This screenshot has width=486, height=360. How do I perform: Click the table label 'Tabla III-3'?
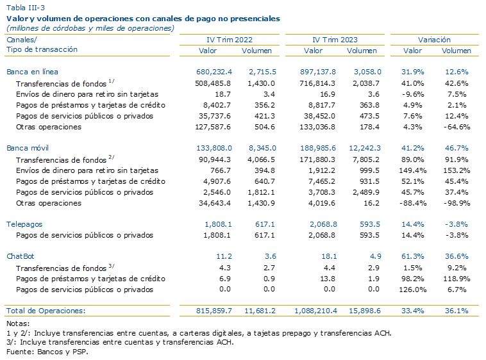click(x=26, y=8)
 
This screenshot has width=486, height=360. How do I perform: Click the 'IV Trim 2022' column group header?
click(x=230, y=40)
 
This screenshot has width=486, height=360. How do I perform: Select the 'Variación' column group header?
click(x=434, y=40)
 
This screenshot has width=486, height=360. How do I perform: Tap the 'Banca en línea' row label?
click(x=32, y=72)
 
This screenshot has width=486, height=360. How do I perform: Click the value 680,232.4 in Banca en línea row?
click(x=214, y=72)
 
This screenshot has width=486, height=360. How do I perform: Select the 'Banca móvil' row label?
click(x=28, y=148)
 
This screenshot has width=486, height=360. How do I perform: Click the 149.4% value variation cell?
click(x=414, y=170)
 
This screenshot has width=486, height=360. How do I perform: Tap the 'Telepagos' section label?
click(x=24, y=224)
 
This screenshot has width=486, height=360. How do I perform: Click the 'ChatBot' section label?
click(x=20, y=256)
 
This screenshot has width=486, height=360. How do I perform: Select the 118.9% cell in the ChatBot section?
click(x=457, y=279)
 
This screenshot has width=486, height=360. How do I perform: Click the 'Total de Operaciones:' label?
click(x=46, y=311)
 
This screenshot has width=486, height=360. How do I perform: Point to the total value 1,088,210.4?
click(x=315, y=311)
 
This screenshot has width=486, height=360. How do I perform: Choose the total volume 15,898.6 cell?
click(x=365, y=311)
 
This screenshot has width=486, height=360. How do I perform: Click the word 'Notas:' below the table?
click(x=18, y=323)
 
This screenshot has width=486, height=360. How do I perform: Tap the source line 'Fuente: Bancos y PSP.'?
click(x=47, y=352)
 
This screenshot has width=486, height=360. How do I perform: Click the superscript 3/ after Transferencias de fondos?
click(x=112, y=266)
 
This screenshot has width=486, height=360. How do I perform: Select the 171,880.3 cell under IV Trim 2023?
click(x=317, y=160)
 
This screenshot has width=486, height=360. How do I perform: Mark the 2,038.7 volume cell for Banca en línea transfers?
click(x=365, y=83)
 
